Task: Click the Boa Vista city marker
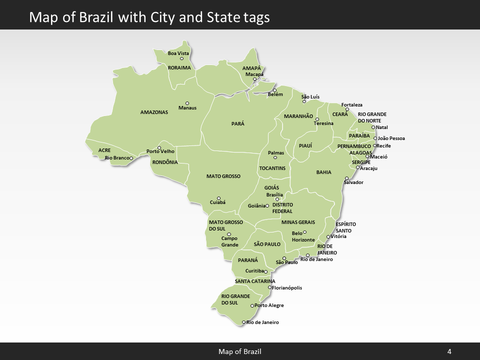point(182,59)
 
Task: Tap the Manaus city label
point(187,108)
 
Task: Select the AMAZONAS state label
point(154,112)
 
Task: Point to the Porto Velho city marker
point(159,148)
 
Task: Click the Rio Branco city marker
point(131,158)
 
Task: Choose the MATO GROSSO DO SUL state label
point(225,225)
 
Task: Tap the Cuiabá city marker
point(218,198)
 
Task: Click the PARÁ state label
point(238,123)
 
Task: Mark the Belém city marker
point(274,90)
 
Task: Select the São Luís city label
point(310,96)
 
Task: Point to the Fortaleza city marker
point(347,109)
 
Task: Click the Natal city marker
point(373,127)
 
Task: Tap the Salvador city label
point(353,182)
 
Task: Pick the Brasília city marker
point(277,199)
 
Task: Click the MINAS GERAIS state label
point(298,222)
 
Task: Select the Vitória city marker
point(328,237)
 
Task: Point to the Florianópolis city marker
point(269,287)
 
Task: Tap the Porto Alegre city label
point(269,305)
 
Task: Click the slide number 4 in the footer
point(449,351)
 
